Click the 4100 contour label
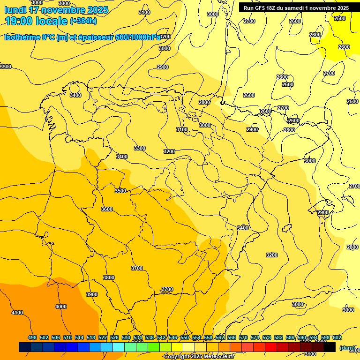tap(17, 313)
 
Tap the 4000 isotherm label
tap(61, 307)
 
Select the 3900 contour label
tap(92, 294)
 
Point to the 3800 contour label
tap(109, 277)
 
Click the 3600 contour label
tap(107, 209)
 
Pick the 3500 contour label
tap(120, 191)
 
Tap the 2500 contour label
tap(340, 18)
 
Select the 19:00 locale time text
tap(36, 21)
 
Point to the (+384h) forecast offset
tap(83, 21)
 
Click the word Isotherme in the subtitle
tap(22, 37)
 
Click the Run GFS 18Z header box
tap(296, 8)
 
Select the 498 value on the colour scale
tap(32, 337)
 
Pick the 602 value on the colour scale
tap(337, 337)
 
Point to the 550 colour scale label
tap(185, 337)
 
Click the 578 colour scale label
tap(267, 337)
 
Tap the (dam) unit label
tap(347, 347)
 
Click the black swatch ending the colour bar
tap(330, 347)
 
